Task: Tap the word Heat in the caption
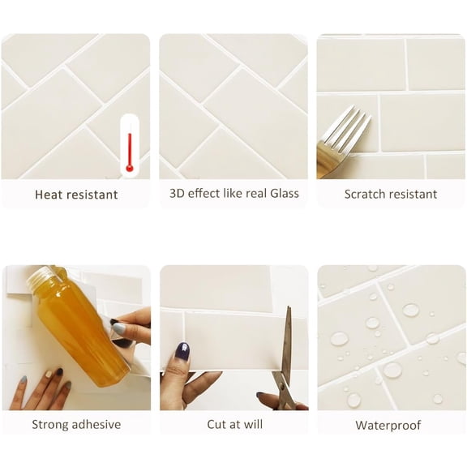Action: [49, 195]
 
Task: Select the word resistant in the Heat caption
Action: [92, 195]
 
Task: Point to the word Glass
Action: [284, 194]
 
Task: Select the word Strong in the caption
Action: [49, 425]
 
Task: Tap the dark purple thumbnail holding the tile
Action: [183, 351]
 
